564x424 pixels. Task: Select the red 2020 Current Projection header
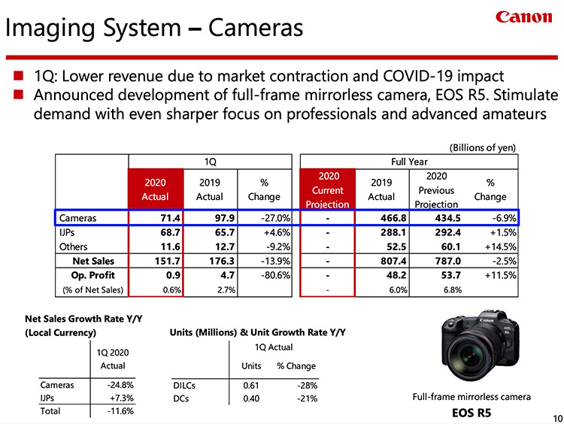coord(328,190)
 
